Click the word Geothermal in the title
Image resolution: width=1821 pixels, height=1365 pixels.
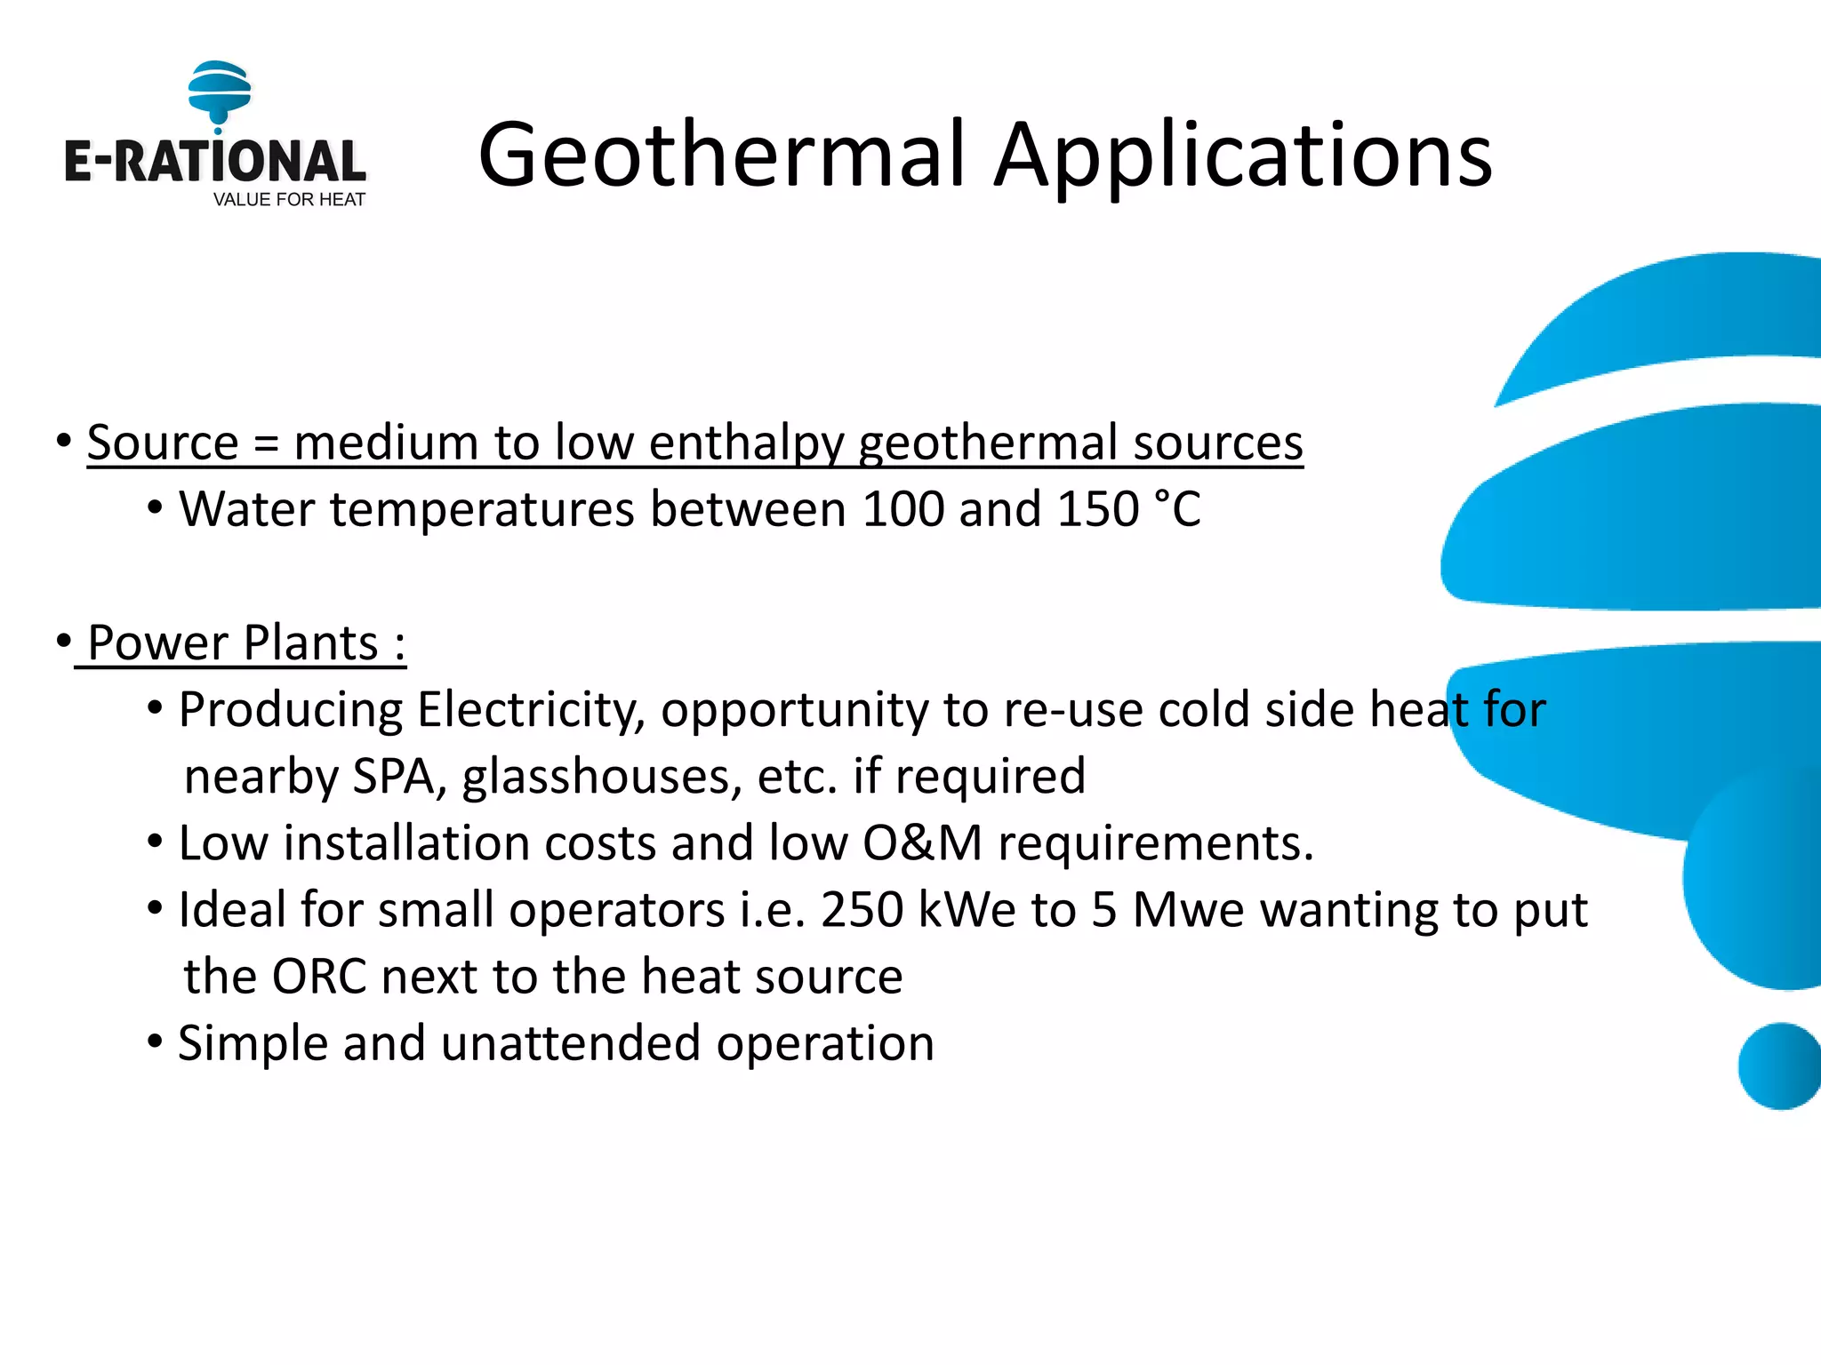click(720, 156)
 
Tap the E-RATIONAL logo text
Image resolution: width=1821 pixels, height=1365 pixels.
click(214, 162)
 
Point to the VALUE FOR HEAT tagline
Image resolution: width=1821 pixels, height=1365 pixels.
click(289, 200)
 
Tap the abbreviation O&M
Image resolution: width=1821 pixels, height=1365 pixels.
click(922, 842)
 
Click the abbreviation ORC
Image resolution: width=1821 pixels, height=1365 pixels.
click(319, 977)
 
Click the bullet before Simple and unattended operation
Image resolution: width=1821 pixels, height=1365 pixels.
click(155, 1041)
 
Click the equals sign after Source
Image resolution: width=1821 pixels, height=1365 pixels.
click(266, 443)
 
